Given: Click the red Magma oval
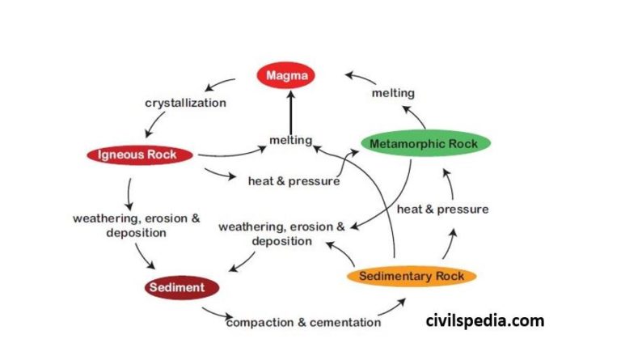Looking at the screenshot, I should pyautogui.click(x=286, y=76).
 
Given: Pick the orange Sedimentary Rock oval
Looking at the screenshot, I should pyautogui.click(x=412, y=277).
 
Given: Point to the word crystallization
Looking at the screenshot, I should pyautogui.click(x=185, y=103).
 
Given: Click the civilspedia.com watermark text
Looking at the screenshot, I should pyautogui.click(x=485, y=321).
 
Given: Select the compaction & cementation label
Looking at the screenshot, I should pyautogui.click(x=303, y=322).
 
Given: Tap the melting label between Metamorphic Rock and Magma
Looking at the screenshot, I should pyautogui.click(x=393, y=94).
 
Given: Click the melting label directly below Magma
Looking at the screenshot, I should pyautogui.click(x=290, y=140).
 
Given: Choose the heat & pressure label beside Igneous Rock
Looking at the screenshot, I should pyautogui.click(x=294, y=180).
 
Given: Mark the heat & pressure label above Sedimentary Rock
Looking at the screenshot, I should pyautogui.click(x=442, y=209).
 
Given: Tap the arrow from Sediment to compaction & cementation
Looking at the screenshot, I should pyautogui.click(x=213, y=313).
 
